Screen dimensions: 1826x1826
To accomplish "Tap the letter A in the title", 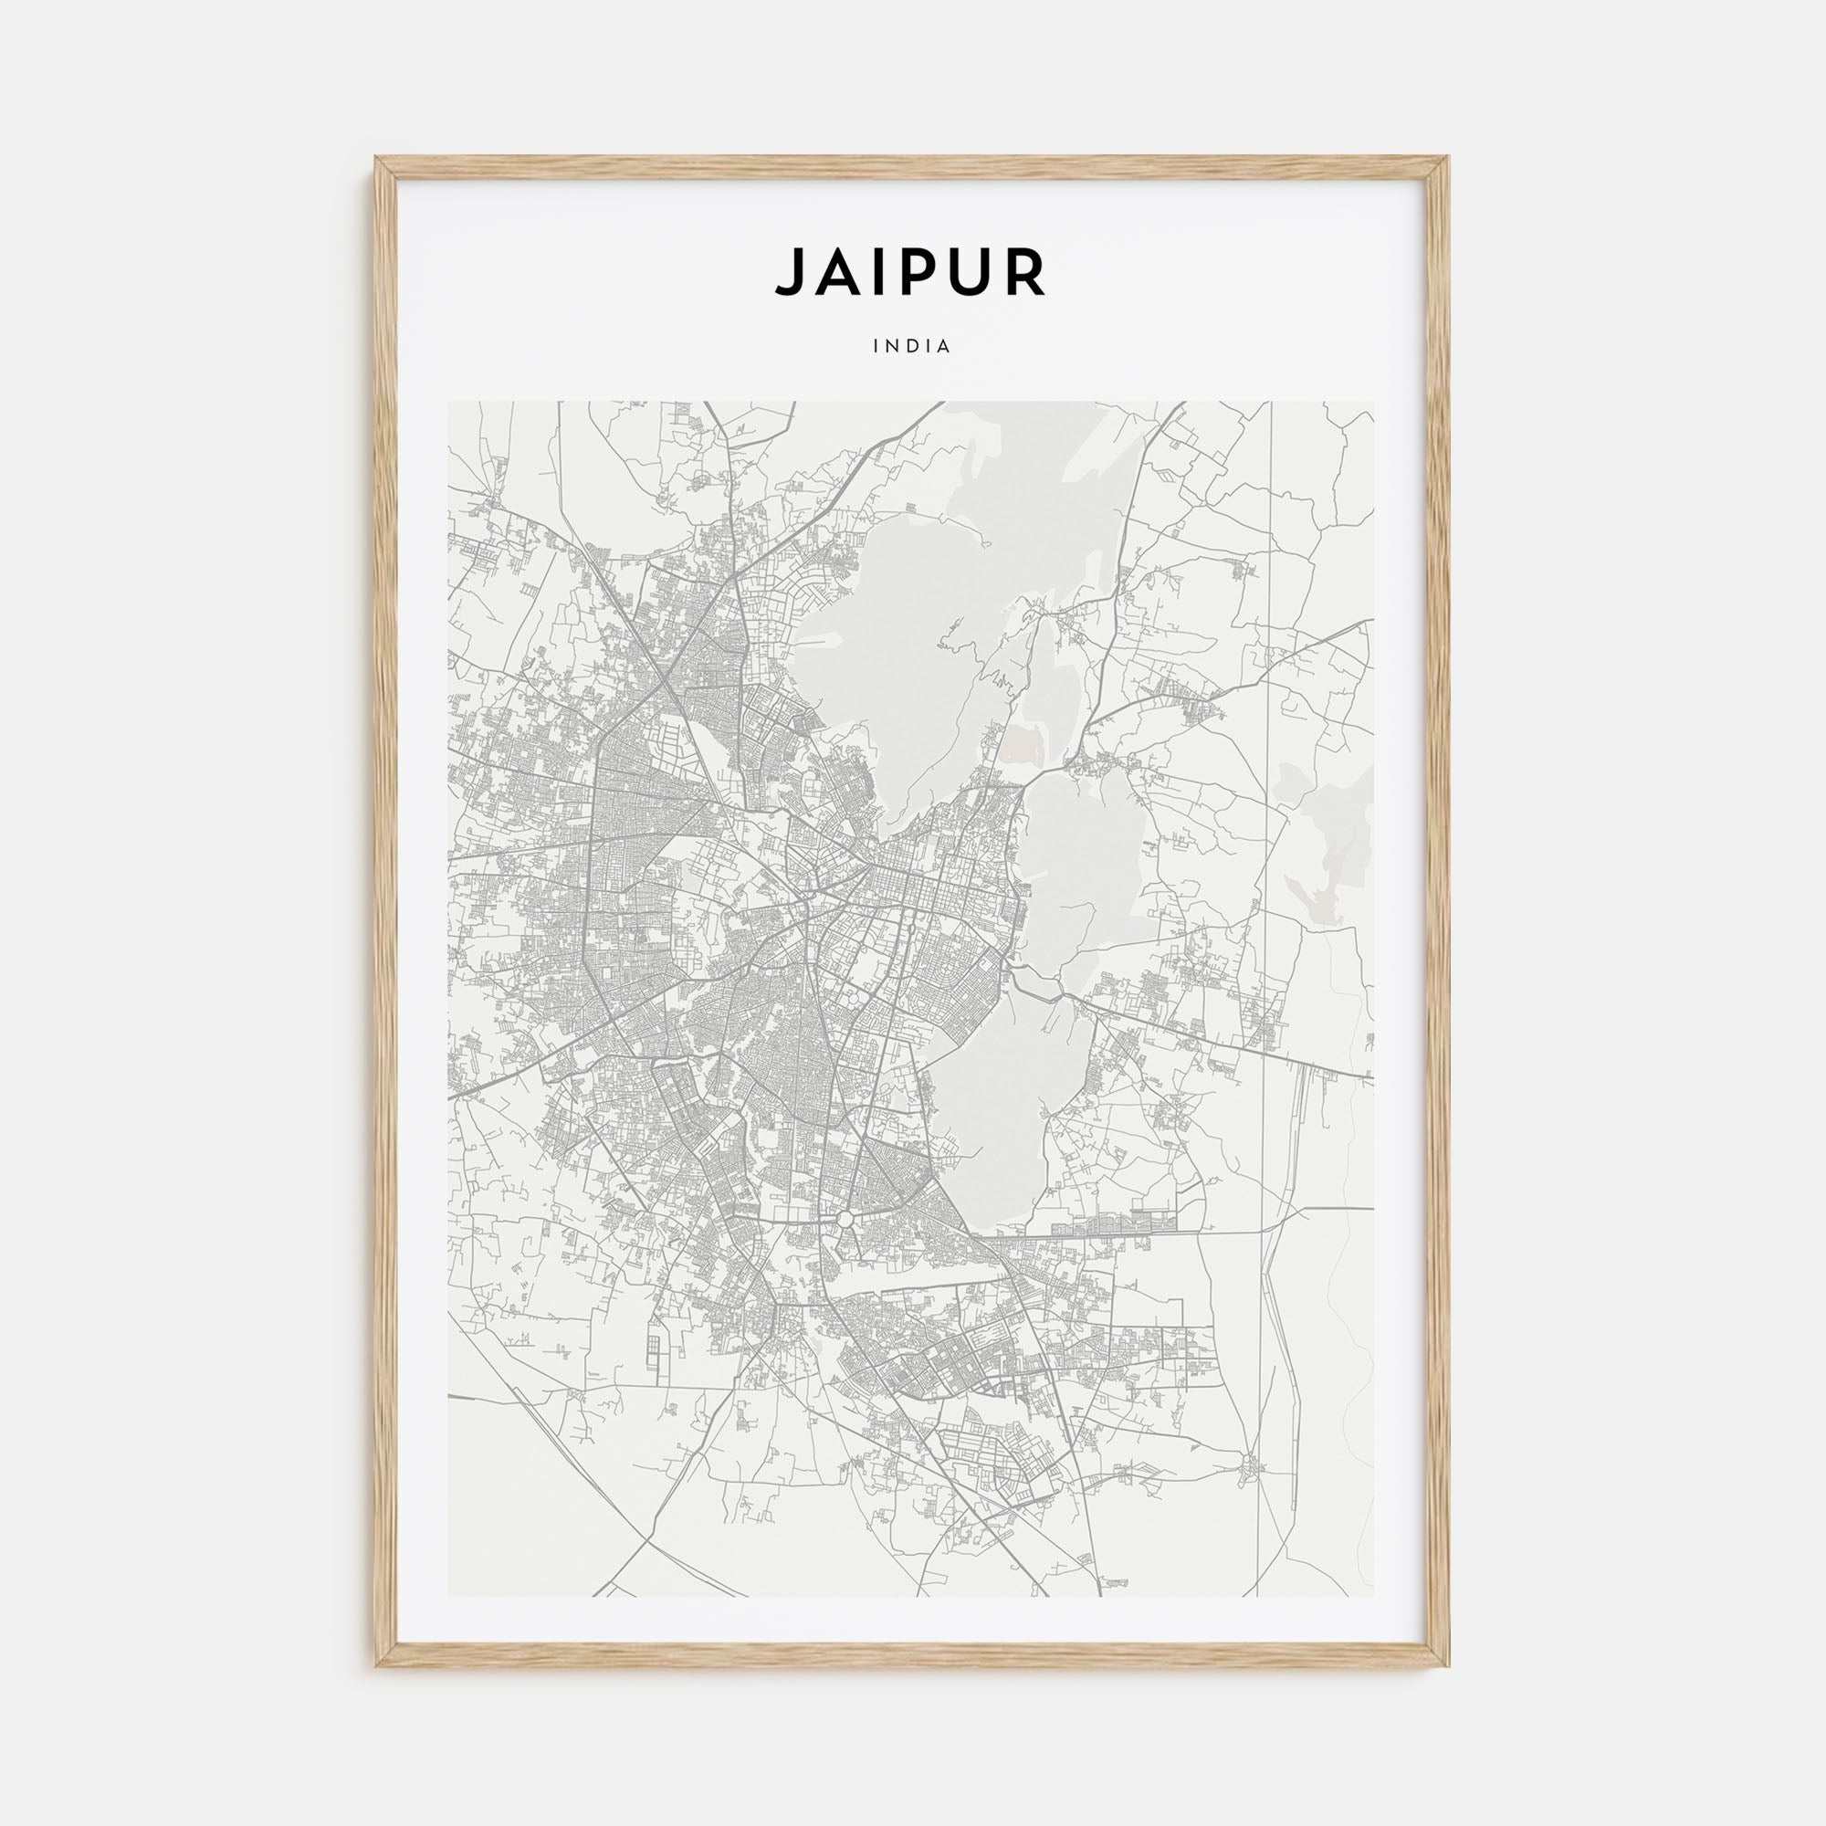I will [836, 273].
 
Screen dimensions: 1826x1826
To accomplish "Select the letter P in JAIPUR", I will [914, 273].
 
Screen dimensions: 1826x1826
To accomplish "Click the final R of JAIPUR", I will [1025, 273].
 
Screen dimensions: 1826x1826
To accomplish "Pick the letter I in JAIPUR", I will [876, 273].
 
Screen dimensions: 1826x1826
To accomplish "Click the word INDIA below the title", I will [912, 346].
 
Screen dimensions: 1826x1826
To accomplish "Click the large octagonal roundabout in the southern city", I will [845, 1220].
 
